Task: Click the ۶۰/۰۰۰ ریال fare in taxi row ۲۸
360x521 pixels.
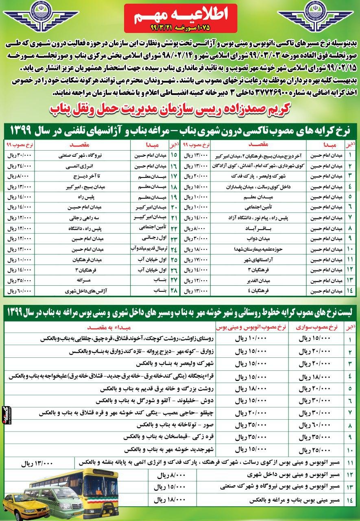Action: coord(20,291)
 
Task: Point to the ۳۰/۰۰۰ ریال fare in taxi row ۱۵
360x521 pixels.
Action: coord(20,155)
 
